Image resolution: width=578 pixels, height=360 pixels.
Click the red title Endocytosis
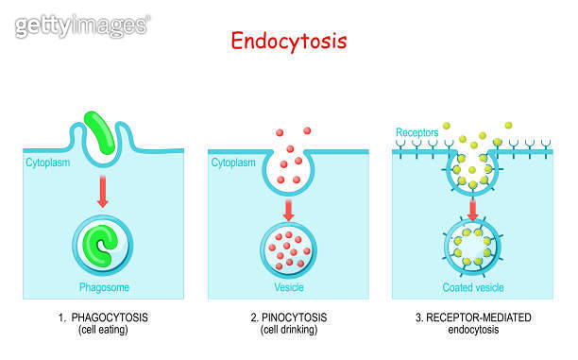coord(289,42)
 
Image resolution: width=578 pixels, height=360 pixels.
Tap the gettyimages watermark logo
coord(79,26)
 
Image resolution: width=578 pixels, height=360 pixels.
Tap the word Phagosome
coord(103,286)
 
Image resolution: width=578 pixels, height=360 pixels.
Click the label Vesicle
coord(290,286)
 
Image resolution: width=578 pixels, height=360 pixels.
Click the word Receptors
coord(418,131)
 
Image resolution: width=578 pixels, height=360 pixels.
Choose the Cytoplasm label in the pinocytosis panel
coord(233,163)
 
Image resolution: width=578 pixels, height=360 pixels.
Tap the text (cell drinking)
coord(289,330)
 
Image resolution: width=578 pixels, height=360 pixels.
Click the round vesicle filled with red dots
coord(289,248)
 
